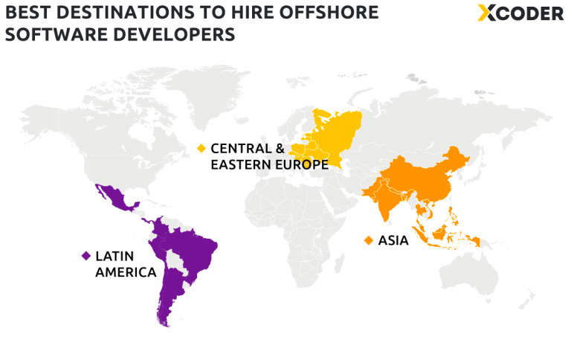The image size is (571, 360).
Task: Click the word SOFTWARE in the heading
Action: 57,34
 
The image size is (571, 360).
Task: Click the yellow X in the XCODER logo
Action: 487,13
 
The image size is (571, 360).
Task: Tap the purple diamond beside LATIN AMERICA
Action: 86,256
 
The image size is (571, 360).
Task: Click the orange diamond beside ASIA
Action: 368,240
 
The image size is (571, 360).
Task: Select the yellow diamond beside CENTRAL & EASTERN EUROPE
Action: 201,148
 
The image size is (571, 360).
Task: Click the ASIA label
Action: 393,240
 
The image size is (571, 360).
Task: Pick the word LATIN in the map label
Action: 111,256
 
